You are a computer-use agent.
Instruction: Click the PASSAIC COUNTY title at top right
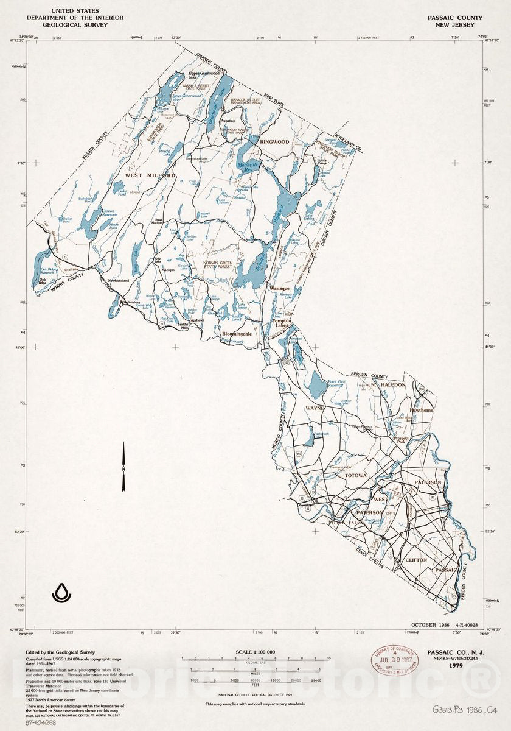pos(454,18)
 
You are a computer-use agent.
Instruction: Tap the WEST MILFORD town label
pos(150,175)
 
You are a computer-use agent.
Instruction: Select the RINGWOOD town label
pos(274,142)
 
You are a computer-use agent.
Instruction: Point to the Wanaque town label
pos(280,288)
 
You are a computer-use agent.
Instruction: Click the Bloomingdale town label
pos(237,334)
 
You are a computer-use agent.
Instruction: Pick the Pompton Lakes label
pos(282,323)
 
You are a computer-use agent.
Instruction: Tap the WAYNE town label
pos(315,408)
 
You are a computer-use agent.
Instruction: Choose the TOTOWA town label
pos(357,475)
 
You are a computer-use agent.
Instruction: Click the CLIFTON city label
pos(416,560)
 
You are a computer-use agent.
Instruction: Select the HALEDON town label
pos(393,385)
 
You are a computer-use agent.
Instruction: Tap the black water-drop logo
pos(61,592)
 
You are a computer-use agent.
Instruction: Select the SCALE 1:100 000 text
pos(255,652)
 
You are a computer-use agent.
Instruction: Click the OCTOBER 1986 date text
pos(430,626)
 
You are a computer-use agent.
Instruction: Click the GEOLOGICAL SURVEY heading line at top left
pos(79,26)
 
